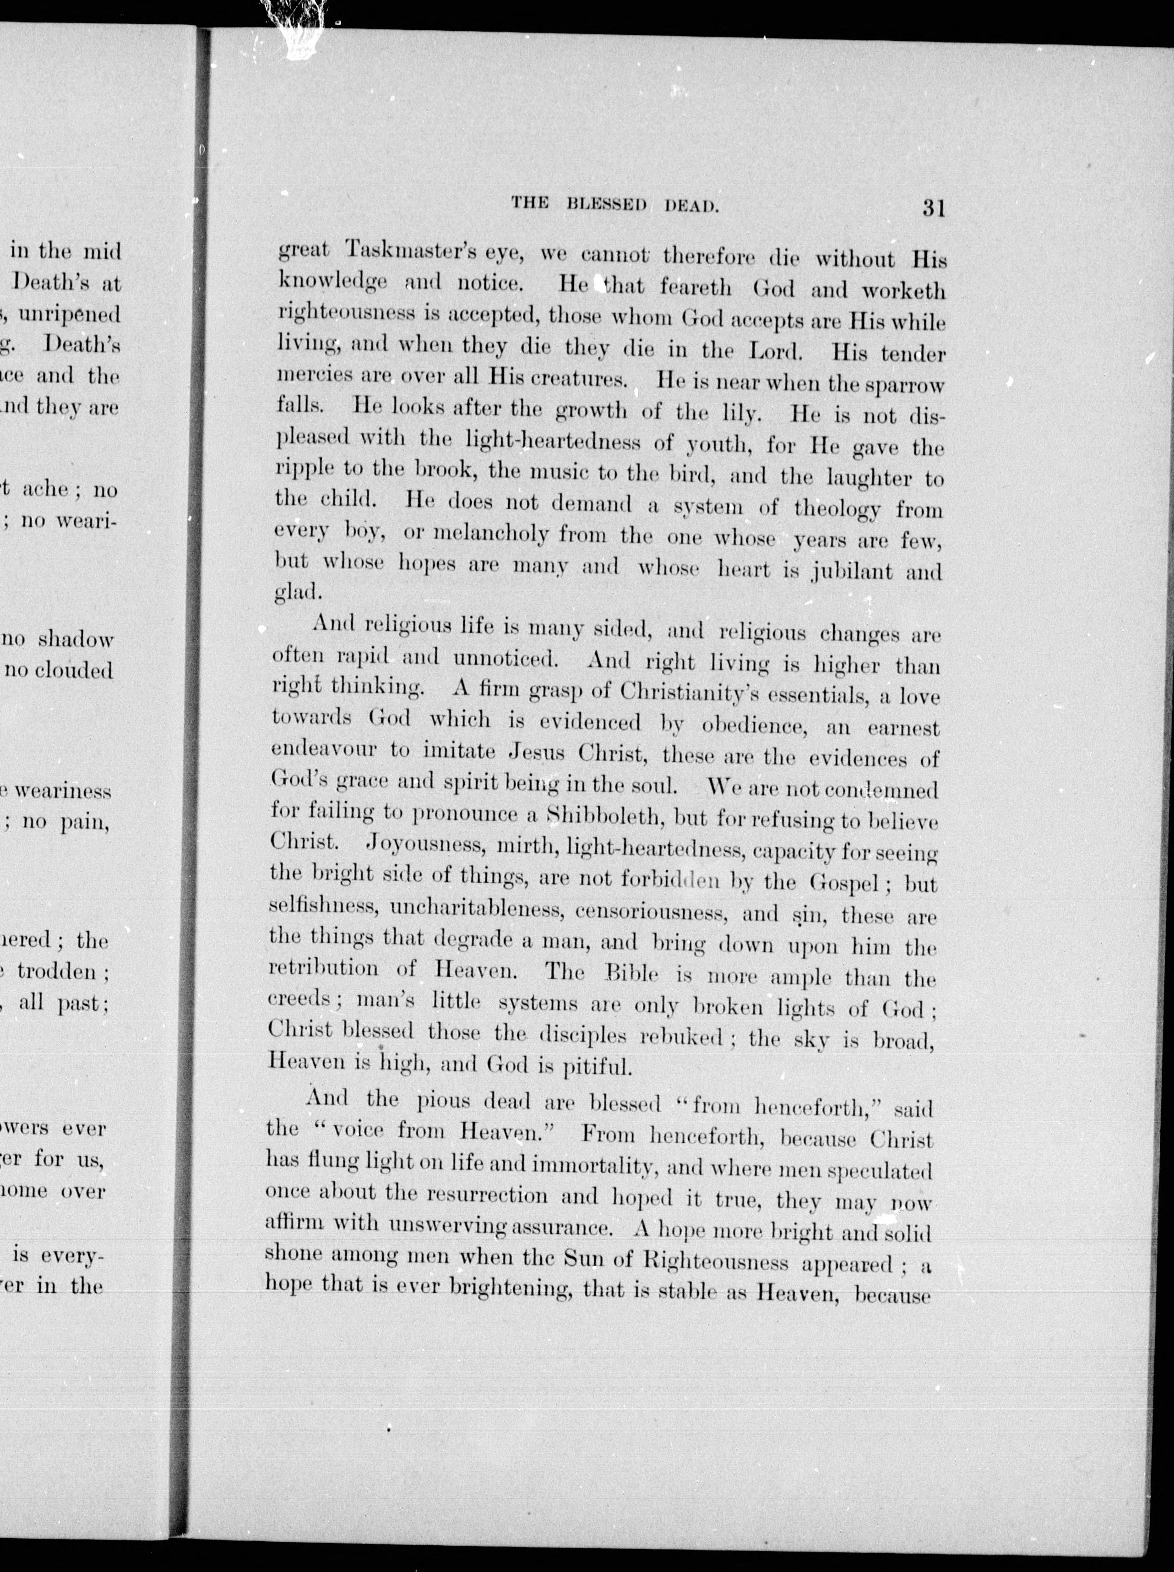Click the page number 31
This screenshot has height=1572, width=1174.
point(933,208)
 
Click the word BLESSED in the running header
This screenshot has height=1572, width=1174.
point(606,205)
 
